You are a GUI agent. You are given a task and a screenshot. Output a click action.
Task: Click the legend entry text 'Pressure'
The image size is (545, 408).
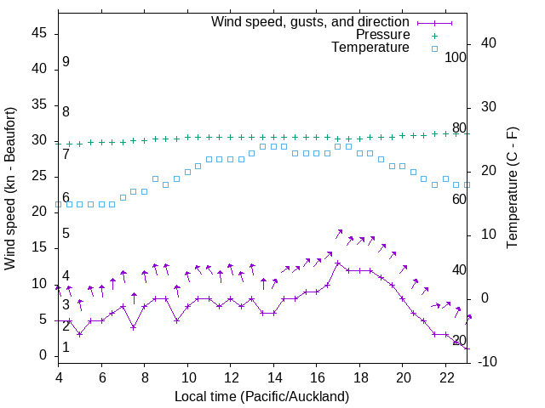pyautogui.click(x=384, y=35)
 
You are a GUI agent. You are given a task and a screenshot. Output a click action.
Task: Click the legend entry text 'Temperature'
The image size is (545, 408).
pyautogui.click(x=370, y=48)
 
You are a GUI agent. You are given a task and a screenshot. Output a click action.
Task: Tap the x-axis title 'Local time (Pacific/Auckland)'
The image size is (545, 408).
pyautogui.click(x=261, y=396)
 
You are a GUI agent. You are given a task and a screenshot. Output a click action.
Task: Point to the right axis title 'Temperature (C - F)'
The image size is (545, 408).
pyautogui.click(x=512, y=189)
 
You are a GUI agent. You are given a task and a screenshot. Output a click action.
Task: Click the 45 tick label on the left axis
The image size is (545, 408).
pyautogui.click(x=39, y=32)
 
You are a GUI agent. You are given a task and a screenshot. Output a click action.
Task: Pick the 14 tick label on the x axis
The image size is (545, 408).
pyautogui.click(x=273, y=377)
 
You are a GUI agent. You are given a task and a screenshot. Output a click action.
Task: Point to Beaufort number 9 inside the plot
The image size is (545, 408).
pyautogui.click(x=66, y=62)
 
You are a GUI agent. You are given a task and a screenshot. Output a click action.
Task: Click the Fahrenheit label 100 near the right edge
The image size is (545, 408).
pyautogui.click(x=456, y=57)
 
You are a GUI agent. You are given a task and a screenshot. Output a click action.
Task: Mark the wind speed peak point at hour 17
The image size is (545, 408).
pyautogui.click(x=338, y=263)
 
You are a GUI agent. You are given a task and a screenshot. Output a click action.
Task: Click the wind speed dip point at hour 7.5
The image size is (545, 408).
pyautogui.click(x=134, y=327)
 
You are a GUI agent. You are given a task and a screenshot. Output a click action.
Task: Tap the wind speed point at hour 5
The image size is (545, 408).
pyautogui.click(x=80, y=334)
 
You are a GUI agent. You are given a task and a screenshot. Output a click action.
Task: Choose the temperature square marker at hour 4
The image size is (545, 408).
pyautogui.click(x=59, y=204)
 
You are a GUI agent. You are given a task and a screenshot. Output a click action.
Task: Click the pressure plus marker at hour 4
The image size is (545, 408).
pyautogui.click(x=59, y=144)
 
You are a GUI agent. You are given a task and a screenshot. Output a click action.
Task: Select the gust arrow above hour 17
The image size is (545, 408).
pyautogui.click(x=338, y=234)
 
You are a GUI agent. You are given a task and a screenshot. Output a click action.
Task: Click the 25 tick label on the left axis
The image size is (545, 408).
pyautogui.click(x=39, y=176)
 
